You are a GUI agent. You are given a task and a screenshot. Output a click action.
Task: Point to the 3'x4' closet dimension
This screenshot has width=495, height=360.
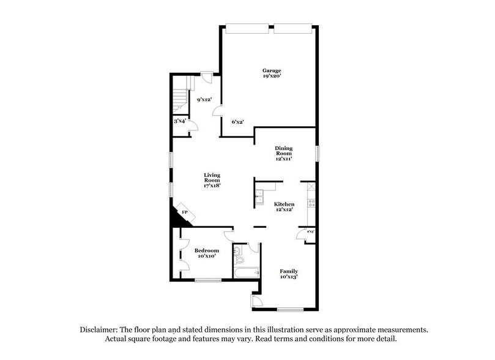(x=180, y=122)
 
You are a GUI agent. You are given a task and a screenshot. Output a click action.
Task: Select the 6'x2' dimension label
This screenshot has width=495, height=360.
(x=238, y=122)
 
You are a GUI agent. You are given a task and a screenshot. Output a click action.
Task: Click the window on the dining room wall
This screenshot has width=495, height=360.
(x=318, y=152)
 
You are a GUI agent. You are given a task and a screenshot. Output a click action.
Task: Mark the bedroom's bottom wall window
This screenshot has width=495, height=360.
(x=208, y=280)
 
